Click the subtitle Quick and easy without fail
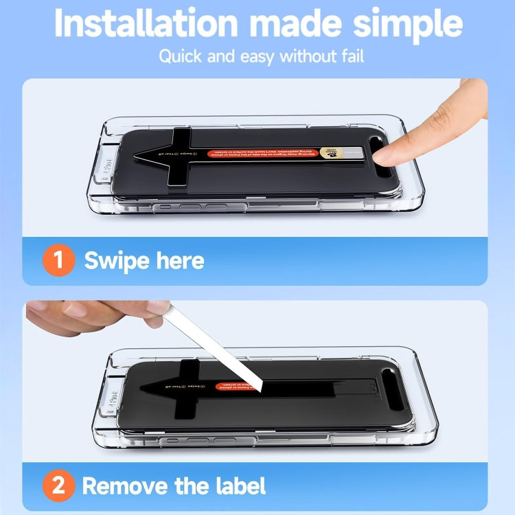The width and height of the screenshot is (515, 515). (261, 56)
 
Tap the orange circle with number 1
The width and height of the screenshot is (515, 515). (58, 261)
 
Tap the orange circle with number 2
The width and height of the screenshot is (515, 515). (58, 486)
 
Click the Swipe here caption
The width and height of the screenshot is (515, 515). (144, 261)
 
